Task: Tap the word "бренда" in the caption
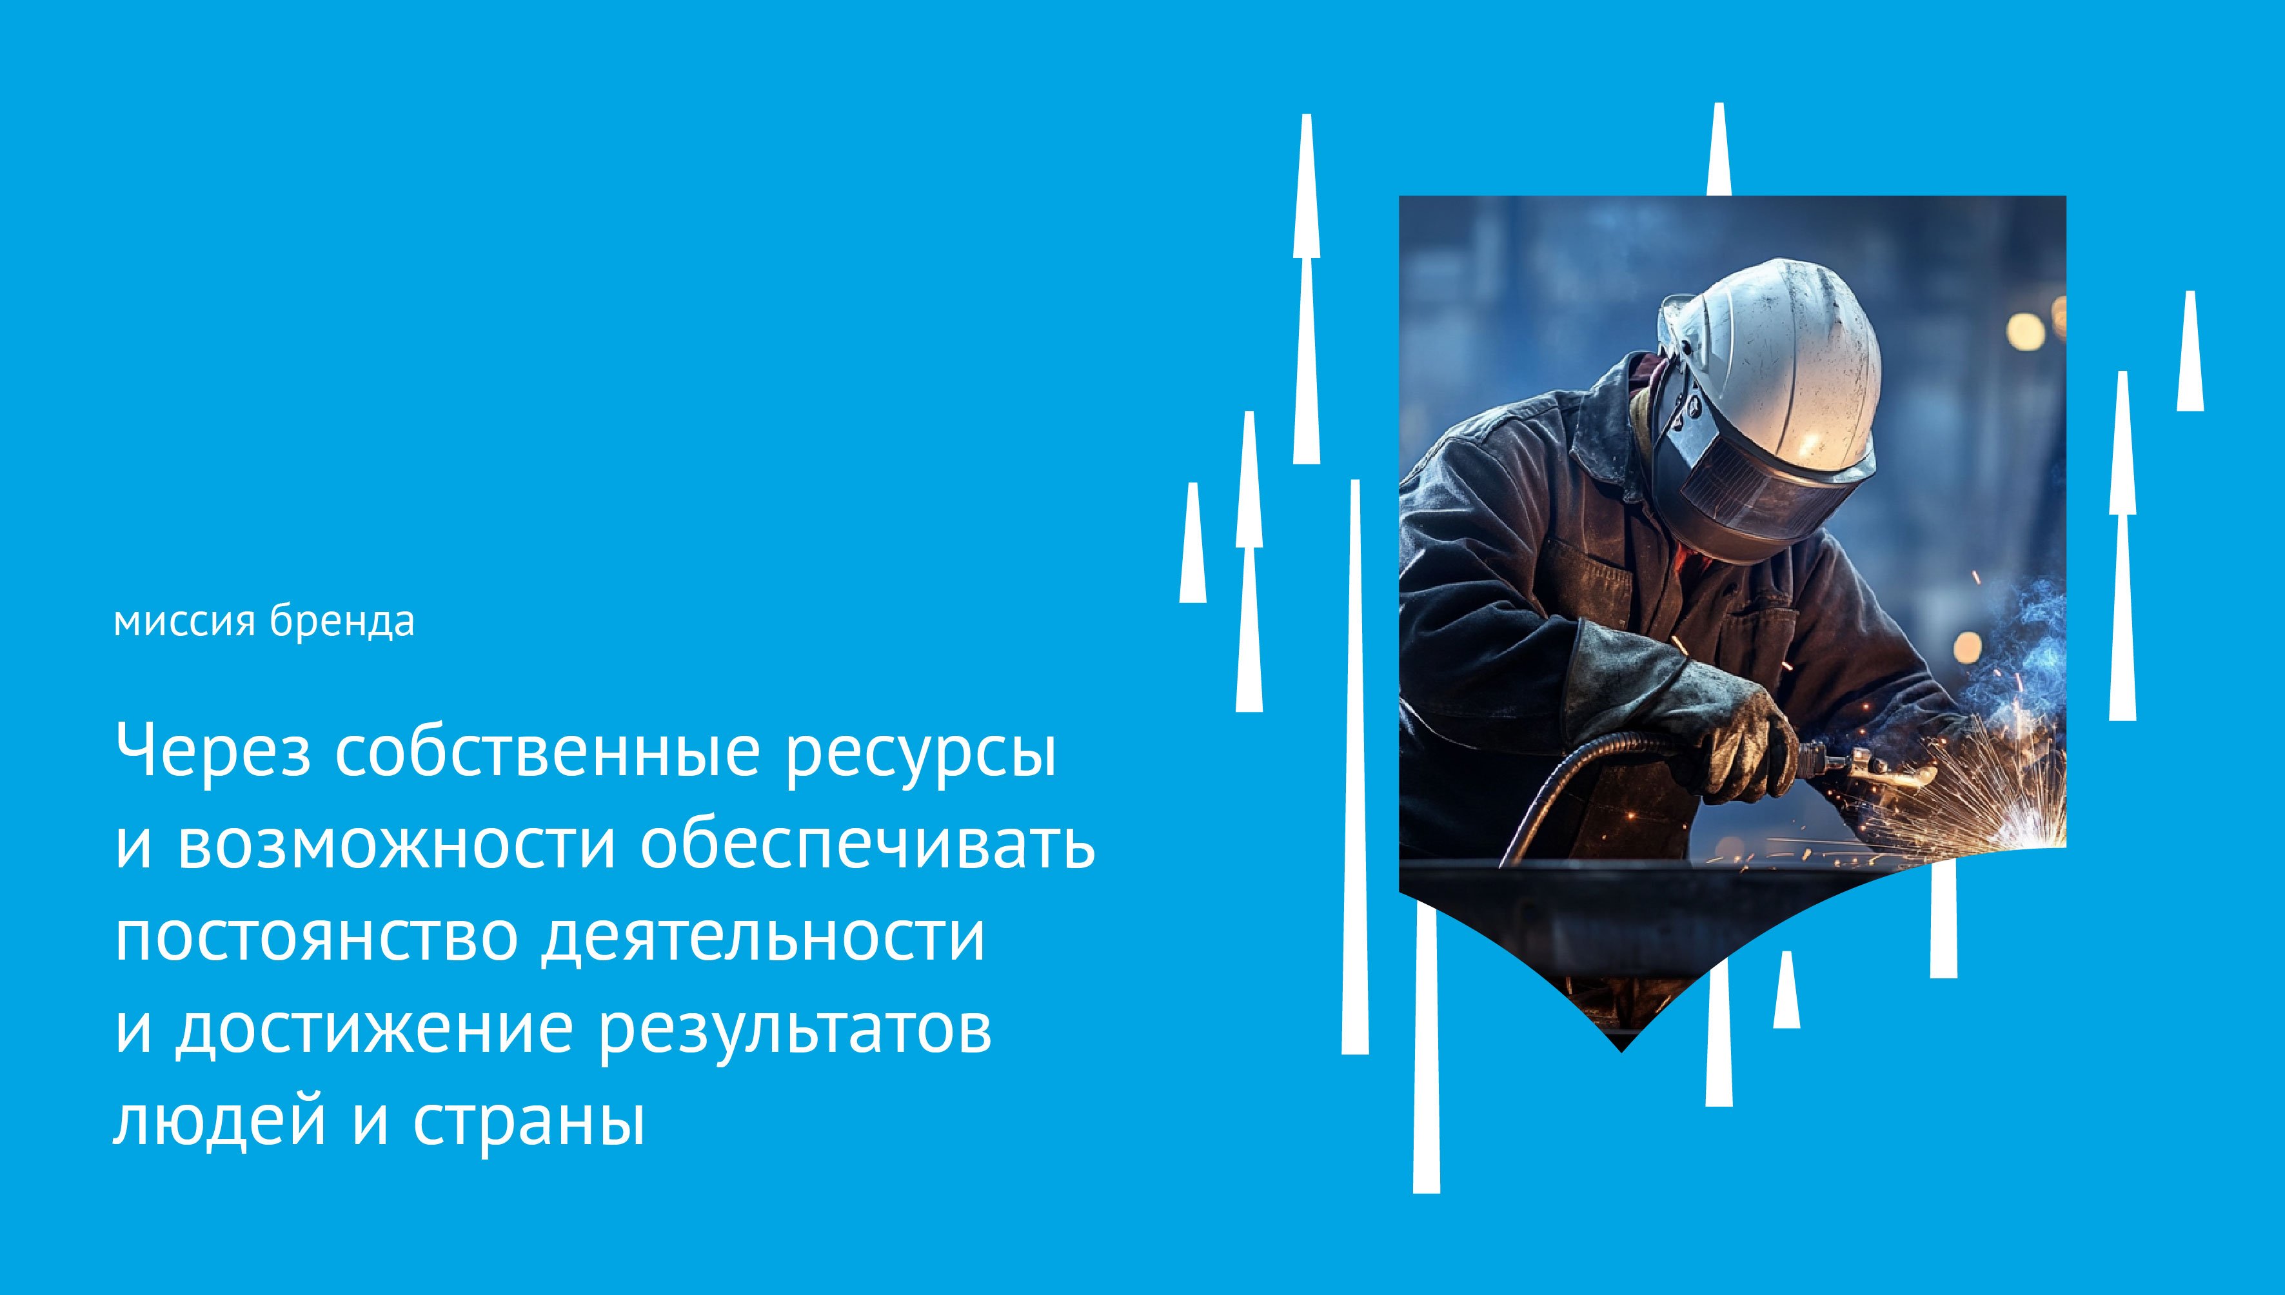tap(343, 622)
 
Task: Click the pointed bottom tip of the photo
tap(1621, 1051)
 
